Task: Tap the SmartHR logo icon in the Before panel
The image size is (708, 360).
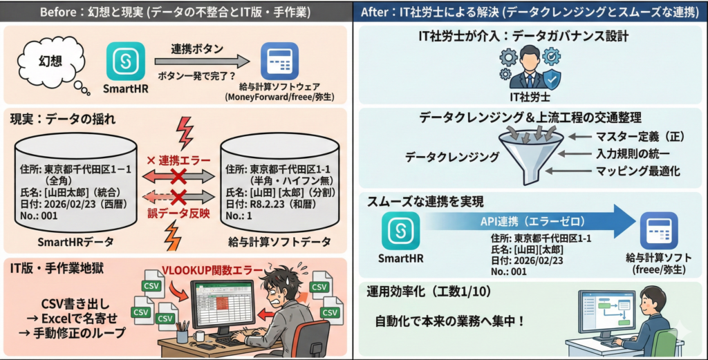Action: pos(126,61)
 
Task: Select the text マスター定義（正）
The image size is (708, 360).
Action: pos(631,137)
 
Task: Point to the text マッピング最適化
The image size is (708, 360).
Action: pos(630,169)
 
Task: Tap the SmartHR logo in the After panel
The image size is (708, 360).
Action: pos(400,231)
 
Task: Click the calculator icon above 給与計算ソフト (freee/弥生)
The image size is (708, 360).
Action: pos(658,231)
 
